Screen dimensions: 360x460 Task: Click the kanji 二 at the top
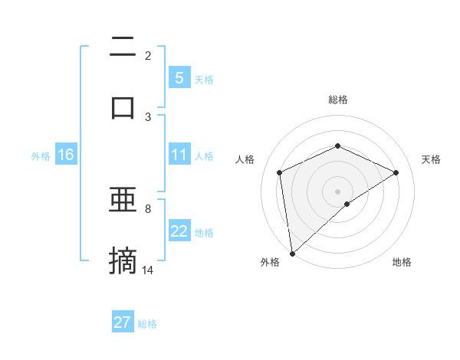point(123,47)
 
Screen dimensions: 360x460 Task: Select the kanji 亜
point(123,201)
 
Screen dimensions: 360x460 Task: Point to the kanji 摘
point(123,260)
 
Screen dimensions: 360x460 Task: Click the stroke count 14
point(148,270)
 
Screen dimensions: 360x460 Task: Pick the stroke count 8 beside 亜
point(148,208)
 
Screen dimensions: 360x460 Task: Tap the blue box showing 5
point(179,77)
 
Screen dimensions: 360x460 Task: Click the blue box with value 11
point(179,155)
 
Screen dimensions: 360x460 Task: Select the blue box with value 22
point(179,231)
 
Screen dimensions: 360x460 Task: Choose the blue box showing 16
point(65,155)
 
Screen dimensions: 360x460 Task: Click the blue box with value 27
point(122,322)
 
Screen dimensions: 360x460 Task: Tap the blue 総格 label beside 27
point(147,324)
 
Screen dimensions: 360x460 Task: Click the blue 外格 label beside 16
point(41,156)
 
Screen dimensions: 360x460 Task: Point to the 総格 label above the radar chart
point(337,100)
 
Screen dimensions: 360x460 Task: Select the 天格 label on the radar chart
point(431,159)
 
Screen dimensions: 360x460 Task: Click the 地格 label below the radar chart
point(402,262)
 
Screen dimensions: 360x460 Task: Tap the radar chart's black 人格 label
point(245,159)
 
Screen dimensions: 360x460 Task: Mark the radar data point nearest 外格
point(291,253)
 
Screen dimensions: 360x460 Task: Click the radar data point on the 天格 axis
point(396,172)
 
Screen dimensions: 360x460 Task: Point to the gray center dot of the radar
point(337,191)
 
